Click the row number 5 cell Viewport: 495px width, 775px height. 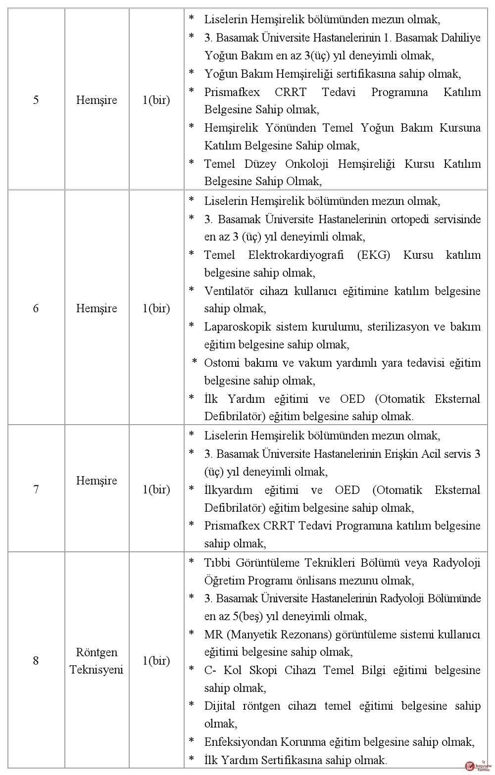36,100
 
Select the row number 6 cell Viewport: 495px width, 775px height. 36,308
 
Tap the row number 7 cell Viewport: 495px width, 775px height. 36,489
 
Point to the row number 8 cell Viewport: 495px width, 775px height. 36,661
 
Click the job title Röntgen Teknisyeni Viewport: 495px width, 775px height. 97,661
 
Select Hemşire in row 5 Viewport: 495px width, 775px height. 97,100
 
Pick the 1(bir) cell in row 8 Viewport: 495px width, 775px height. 156,661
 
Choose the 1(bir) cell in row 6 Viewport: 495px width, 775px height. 156,308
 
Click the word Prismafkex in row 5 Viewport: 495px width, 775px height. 232,92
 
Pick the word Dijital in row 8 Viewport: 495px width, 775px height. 219,706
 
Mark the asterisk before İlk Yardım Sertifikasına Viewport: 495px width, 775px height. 192,758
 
